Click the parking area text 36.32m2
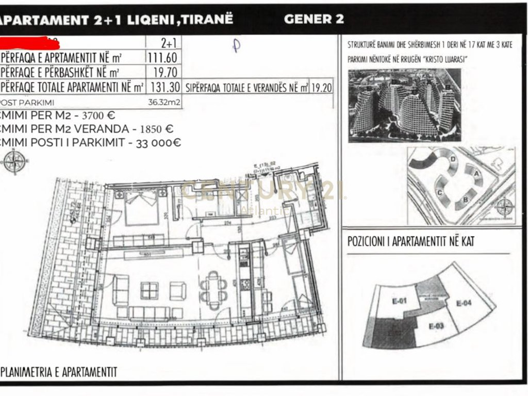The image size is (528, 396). [x=164, y=102]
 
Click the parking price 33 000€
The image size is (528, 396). [x=158, y=143]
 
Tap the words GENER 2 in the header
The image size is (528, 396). [x=313, y=20]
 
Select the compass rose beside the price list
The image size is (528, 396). [x=14, y=161]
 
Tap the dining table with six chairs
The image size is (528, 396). [x=213, y=287]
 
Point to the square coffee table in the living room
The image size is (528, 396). [x=148, y=290]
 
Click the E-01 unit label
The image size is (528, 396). [x=400, y=302]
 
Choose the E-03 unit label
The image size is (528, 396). [x=436, y=326]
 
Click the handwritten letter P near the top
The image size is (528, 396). [x=236, y=45]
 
